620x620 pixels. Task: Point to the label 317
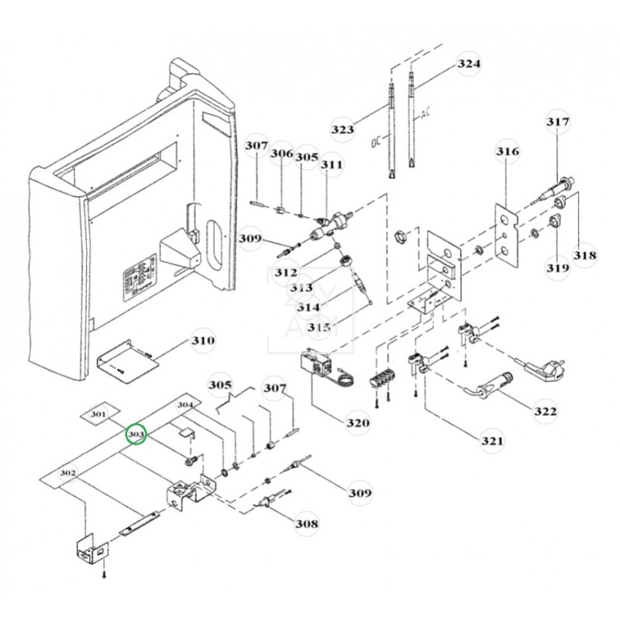tap(557, 122)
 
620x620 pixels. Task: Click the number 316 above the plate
tap(508, 152)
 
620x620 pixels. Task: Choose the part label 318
tap(585, 256)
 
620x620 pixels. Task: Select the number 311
tap(332, 164)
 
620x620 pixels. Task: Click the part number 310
tap(204, 340)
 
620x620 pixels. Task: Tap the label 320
tap(357, 422)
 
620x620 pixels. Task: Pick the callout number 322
tap(545, 411)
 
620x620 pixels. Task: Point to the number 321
tap(492, 441)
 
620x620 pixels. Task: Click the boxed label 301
tap(98, 415)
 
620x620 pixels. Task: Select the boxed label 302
tap(67, 472)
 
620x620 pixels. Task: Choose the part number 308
tap(307, 524)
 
